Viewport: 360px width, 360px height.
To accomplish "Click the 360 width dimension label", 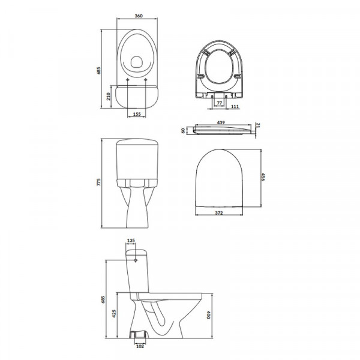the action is pos(139,16).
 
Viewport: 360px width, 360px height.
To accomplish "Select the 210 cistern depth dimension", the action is pos(109,97).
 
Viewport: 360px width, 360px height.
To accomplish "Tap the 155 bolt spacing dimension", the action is pos(137,114).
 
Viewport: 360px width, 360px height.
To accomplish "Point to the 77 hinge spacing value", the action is pos(220,103).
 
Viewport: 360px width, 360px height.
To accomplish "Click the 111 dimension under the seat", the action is pos(235,107).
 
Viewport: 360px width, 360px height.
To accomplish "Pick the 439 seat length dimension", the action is pos(221,123).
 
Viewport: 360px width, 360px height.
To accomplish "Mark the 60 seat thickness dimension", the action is pos(183,131).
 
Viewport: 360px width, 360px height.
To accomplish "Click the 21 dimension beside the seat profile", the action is pos(258,125).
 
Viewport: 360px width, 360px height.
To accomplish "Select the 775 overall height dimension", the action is pos(99,182).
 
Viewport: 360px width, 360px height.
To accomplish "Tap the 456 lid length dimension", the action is pos(263,177).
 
